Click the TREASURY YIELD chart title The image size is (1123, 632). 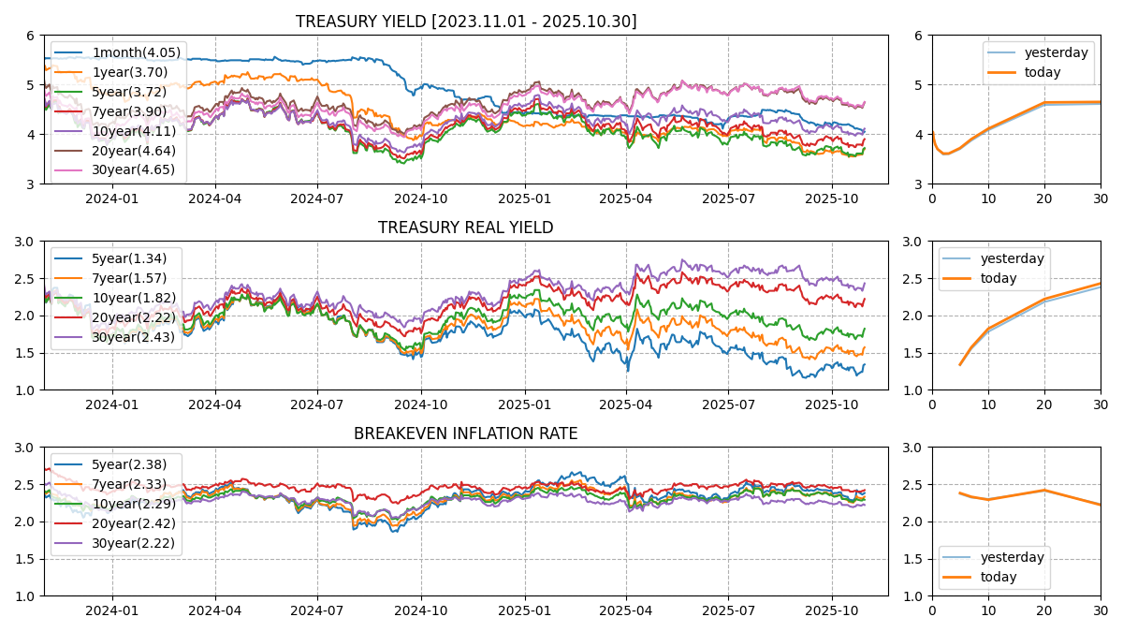(x=465, y=22)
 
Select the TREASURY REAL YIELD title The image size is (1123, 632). (x=465, y=228)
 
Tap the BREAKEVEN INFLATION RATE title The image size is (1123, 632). (x=465, y=434)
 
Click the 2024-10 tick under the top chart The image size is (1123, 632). (x=421, y=198)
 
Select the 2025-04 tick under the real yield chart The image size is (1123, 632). (x=626, y=404)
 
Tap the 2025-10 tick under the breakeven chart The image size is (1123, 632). (x=832, y=610)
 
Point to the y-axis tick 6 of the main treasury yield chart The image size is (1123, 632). (x=31, y=36)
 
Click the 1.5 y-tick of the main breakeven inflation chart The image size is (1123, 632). (x=25, y=559)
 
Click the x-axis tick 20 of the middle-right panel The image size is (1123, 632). (x=1044, y=404)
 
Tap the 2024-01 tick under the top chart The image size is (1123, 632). (x=112, y=198)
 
